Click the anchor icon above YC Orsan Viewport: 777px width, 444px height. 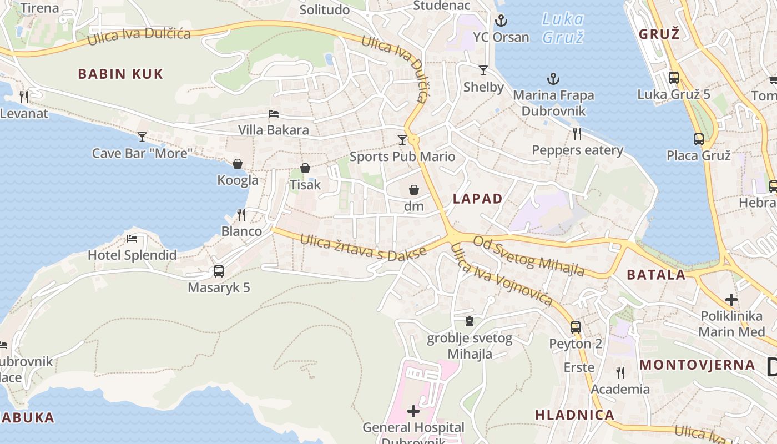tap(501, 21)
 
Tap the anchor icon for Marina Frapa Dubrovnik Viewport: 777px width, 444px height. tap(553, 79)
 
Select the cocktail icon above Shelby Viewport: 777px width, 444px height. tap(483, 70)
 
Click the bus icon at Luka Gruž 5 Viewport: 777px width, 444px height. tap(674, 78)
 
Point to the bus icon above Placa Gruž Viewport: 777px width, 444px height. tap(699, 139)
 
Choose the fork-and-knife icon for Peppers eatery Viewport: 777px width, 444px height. tap(577, 133)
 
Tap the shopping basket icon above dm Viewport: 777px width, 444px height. tap(414, 190)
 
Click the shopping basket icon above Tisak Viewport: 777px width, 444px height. tap(305, 168)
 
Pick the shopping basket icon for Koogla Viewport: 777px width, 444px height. tap(238, 163)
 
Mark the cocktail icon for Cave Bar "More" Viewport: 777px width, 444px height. tap(142, 137)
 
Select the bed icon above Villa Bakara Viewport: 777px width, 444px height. tap(274, 114)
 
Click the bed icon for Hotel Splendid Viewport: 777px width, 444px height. tap(132, 239)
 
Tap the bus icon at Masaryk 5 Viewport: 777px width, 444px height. tap(219, 271)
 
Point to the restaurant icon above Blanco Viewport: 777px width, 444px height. tap(241, 214)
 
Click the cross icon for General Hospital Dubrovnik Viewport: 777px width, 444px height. tap(413, 411)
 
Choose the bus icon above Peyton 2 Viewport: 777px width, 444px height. tap(576, 327)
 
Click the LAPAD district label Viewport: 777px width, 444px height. tap(477, 199)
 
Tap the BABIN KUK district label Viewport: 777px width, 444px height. tap(120, 74)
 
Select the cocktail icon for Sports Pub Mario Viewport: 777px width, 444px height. tap(402, 139)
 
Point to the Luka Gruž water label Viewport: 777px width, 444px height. tap(563, 28)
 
